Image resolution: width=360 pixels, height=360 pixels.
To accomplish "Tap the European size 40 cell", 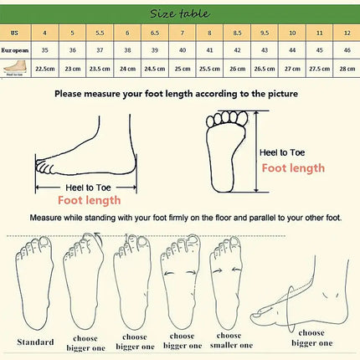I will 182,50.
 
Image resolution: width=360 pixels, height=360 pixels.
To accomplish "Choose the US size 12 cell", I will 344,33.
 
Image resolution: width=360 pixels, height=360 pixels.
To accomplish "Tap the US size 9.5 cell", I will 264,33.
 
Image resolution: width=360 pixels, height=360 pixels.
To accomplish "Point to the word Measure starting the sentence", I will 48,218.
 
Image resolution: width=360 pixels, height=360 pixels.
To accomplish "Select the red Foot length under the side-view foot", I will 89,200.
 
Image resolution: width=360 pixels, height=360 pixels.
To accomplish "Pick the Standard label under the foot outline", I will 36,342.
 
